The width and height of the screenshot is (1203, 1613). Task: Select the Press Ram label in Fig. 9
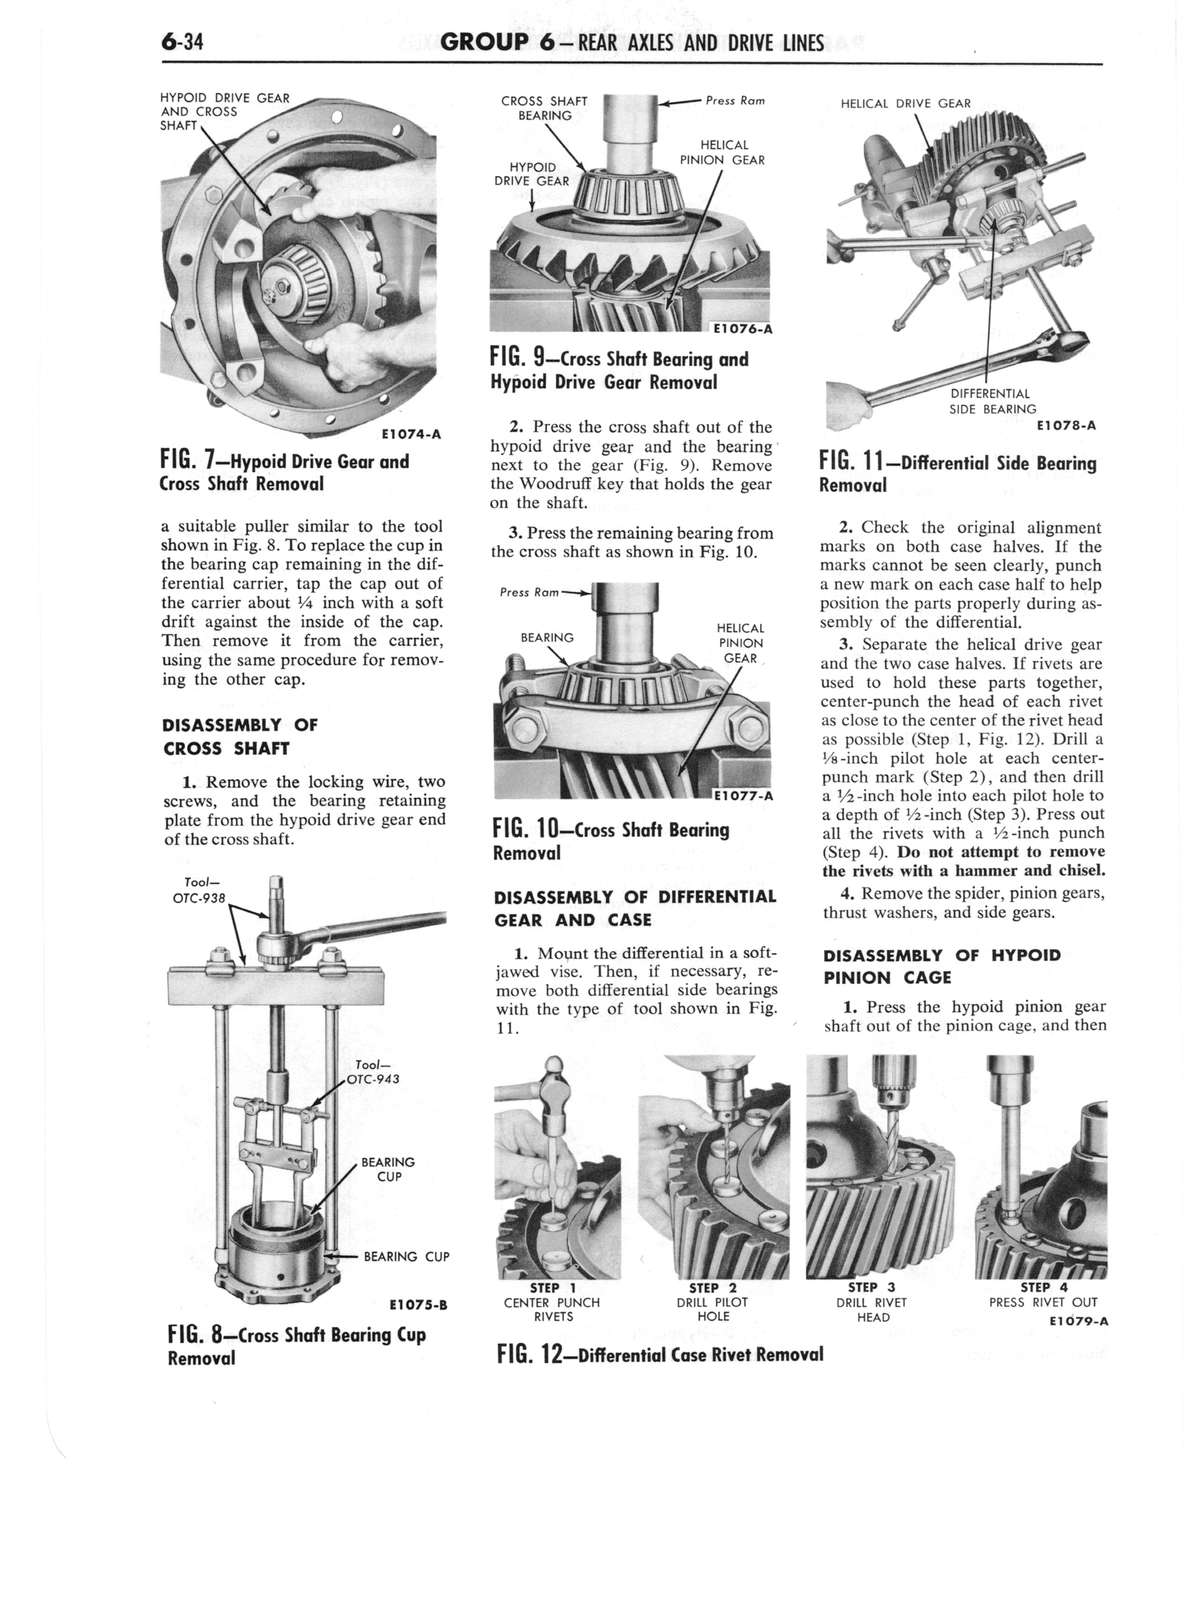point(735,101)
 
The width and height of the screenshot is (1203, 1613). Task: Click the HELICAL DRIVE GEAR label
point(905,103)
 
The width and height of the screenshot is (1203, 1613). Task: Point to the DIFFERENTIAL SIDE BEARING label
point(992,401)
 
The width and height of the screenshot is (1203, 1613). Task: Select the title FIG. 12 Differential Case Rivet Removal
point(659,1354)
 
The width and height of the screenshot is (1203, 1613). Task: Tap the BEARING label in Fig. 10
point(547,638)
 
